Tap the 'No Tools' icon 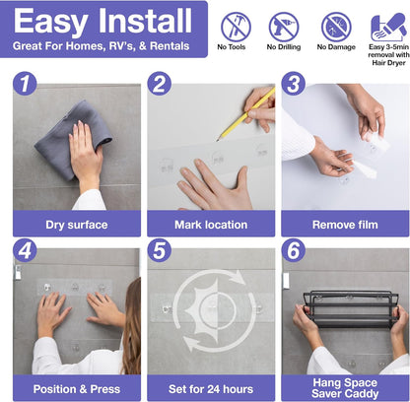tap(235, 26)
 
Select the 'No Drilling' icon tap(284, 26)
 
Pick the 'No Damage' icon tap(336, 26)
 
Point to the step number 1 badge tap(26, 84)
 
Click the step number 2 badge tap(161, 84)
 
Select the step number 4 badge tap(26, 248)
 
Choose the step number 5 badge tap(161, 248)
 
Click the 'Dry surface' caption tap(76, 224)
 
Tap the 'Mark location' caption tap(210, 224)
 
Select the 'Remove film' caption tap(345, 224)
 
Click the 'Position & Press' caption tap(76, 387)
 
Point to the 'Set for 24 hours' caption tap(210, 387)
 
